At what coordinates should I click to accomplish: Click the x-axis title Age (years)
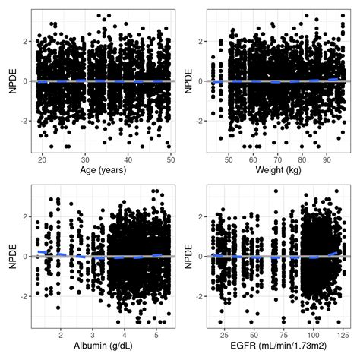101,170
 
